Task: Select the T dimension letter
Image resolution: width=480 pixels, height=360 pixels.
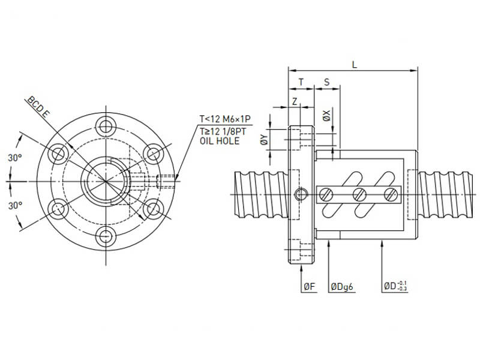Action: click(301, 81)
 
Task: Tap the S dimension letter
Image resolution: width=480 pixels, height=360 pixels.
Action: click(326, 81)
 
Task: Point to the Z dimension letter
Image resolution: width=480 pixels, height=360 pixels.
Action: click(295, 102)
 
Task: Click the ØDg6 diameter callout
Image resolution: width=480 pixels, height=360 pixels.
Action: click(343, 287)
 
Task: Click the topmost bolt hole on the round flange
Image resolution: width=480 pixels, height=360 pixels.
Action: click(107, 126)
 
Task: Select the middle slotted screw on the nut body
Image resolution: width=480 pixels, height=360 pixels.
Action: click(360, 194)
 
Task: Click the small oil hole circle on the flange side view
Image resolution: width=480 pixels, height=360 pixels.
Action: click(301, 193)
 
